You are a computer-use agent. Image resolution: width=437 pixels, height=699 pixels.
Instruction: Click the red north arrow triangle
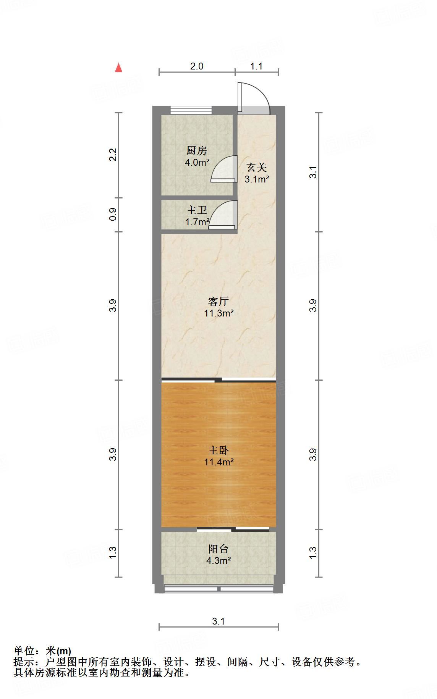[x=119, y=68]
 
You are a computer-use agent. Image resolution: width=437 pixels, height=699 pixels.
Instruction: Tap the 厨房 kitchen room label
[x=197, y=150]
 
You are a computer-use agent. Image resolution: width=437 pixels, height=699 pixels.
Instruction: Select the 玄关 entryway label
[x=256, y=167]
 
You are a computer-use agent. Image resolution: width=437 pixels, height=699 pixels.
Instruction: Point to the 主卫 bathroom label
[x=197, y=210]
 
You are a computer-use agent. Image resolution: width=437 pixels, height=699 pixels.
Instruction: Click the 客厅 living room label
[x=218, y=301]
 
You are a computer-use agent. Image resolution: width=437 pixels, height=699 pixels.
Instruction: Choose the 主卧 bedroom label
[x=218, y=450]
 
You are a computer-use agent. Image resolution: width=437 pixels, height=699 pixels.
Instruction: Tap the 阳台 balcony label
[x=218, y=549]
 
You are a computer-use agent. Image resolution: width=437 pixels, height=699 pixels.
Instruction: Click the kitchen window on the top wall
[x=191, y=110]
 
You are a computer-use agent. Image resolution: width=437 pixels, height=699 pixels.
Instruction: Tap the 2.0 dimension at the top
[x=197, y=66]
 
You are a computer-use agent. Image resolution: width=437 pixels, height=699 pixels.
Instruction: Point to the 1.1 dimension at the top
[x=256, y=66]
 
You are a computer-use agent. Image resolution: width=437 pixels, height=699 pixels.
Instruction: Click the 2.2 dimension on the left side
[x=113, y=155]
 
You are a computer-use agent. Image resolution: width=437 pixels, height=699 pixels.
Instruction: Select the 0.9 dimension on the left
[x=113, y=215]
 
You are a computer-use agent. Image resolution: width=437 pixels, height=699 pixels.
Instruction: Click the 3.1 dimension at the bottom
[x=218, y=621]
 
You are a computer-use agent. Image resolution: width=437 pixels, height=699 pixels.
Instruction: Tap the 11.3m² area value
[x=218, y=313]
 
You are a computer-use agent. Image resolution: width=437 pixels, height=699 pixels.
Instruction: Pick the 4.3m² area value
[x=218, y=561]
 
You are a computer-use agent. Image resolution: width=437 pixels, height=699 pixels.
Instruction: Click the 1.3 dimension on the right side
[x=313, y=553]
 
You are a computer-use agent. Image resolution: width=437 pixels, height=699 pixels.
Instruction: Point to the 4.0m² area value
[x=197, y=162]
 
